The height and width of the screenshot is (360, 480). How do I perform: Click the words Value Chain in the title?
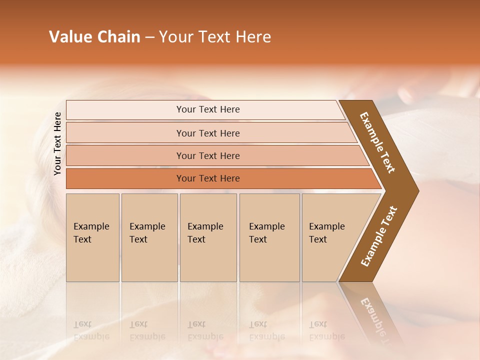pos(94,37)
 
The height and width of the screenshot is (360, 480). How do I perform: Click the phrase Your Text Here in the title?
pos(215,37)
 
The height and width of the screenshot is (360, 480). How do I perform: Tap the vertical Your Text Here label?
pos(57,143)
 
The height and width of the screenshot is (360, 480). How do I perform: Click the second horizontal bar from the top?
pos(208,133)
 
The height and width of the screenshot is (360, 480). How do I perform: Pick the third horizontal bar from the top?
pos(208,155)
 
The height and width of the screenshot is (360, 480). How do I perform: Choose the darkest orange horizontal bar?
pos(208,178)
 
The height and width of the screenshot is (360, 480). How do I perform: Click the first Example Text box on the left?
pos(92,237)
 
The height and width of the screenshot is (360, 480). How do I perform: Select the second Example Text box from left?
pos(149,237)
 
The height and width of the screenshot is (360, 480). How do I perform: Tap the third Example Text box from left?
pos(208,237)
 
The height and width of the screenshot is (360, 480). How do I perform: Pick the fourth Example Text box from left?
pos(269,237)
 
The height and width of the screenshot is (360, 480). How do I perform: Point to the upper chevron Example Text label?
pos(377,142)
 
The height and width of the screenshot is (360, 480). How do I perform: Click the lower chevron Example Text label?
pos(379,236)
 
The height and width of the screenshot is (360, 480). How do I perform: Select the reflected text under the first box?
pos(91,330)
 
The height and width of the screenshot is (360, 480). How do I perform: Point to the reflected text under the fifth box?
pos(326,330)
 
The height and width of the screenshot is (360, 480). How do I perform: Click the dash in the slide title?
pos(149,37)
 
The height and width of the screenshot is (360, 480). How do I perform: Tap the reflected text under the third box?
pos(205,330)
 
